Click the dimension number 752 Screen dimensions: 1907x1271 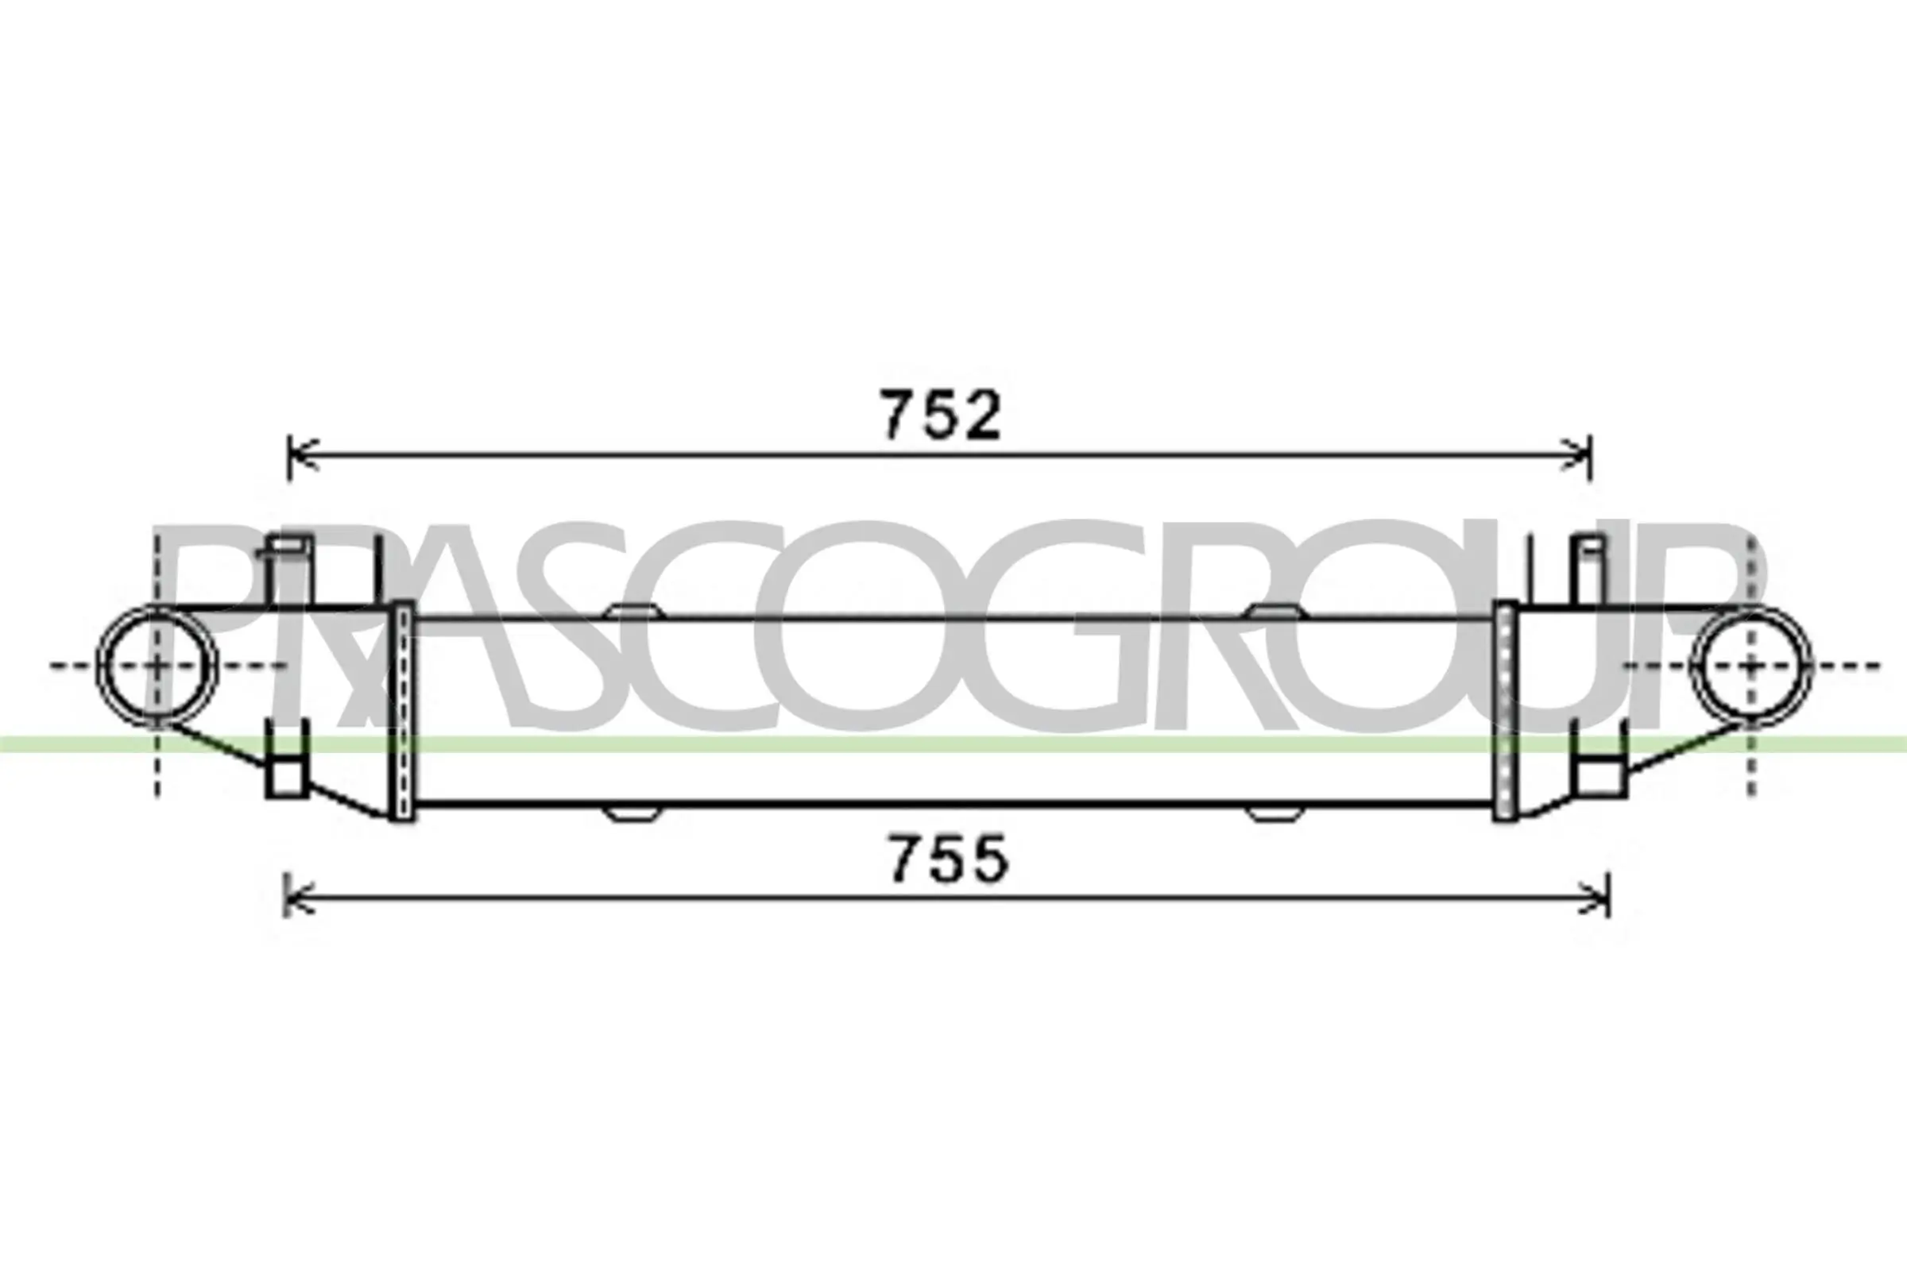(942, 415)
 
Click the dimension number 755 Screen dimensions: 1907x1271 (950, 860)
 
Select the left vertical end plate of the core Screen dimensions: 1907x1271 (401, 712)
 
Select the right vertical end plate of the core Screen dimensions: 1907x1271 (1505, 712)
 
